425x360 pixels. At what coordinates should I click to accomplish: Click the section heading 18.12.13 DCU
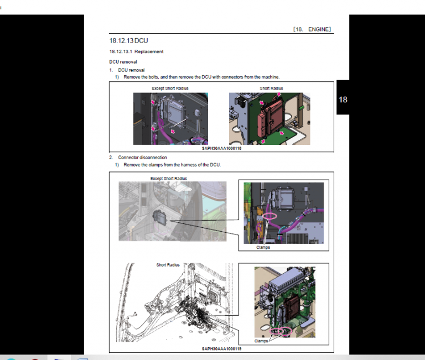tap(128, 40)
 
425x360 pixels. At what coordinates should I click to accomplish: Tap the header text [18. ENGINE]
tap(312, 29)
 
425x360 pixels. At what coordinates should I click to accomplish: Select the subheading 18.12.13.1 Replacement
tap(136, 51)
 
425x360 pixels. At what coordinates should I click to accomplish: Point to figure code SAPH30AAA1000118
tap(221, 148)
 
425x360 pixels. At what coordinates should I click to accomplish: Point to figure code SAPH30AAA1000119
tap(221, 348)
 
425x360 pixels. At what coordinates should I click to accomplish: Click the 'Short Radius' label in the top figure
tap(271, 88)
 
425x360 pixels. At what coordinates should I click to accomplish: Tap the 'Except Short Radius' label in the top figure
tap(170, 88)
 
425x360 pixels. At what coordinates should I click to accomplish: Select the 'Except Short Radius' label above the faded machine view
tap(169, 179)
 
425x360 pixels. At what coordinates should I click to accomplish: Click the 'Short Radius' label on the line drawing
tap(168, 265)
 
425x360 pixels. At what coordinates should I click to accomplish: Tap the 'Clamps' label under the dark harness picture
tap(263, 247)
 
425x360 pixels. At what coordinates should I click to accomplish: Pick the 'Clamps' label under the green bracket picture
tap(261, 341)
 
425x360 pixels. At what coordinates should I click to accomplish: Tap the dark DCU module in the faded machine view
tap(159, 217)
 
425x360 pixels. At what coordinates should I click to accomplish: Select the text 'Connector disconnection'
tap(142, 158)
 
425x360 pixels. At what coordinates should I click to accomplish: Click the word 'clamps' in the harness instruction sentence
tap(156, 165)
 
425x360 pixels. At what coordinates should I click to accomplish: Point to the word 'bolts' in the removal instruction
tap(153, 77)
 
